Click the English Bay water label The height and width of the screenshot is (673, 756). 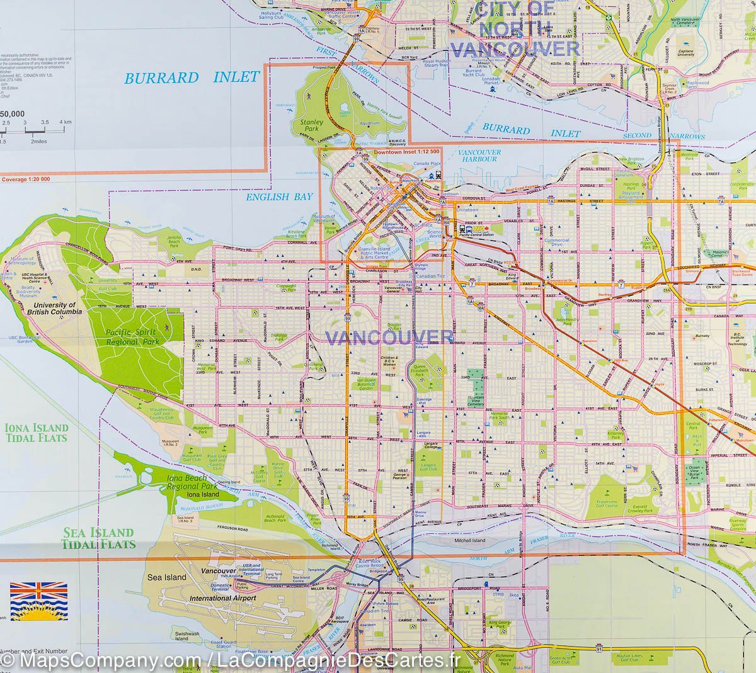(280, 197)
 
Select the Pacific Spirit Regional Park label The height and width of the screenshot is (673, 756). (133, 337)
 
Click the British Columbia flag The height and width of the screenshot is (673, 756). (39, 601)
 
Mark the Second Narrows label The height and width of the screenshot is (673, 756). (663, 136)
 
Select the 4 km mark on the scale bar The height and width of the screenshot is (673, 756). (66, 121)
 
